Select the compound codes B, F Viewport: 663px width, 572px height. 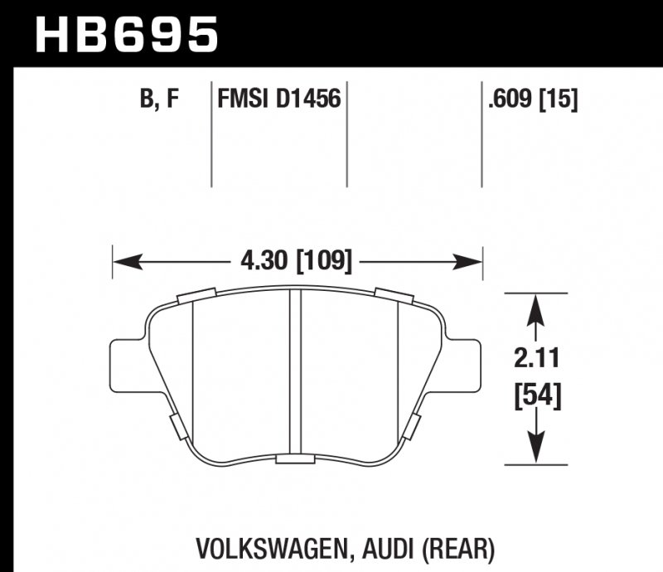(159, 99)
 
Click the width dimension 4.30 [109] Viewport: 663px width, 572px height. (296, 262)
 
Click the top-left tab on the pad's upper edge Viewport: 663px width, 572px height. (196, 294)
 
